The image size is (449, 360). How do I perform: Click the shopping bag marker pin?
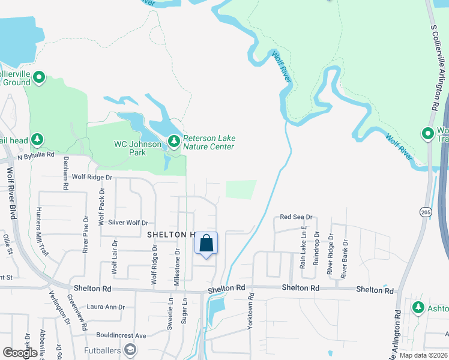pyautogui.click(x=206, y=244)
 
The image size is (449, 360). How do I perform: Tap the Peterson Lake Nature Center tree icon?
pyautogui.click(x=174, y=141)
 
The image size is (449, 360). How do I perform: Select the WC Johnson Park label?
pyautogui.click(x=138, y=148)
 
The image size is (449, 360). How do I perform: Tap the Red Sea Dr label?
pyautogui.click(x=297, y=217)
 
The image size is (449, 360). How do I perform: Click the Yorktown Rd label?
pyautogui.click(x=251, y=312)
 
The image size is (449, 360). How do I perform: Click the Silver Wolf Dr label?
pyautogui.click(x=128, y=223)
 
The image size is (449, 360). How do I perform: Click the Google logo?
pyautogui.click(x=20, y=353)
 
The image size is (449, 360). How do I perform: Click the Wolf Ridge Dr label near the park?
pyautogui.click(x=92, y=178)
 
